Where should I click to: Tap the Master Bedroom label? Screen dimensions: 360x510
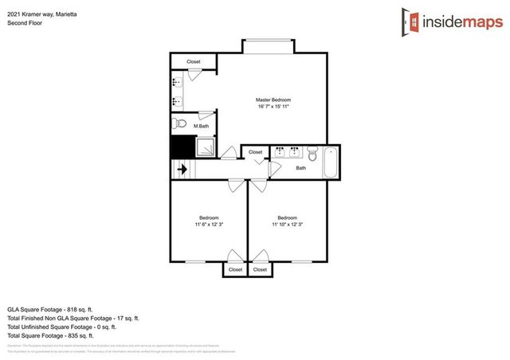[x=272, y=100]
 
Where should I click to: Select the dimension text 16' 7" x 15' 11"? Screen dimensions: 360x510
[x=272, y=107]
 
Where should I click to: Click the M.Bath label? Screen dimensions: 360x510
[x=201, y=126]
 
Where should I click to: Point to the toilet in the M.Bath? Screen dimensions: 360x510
[x=179, y=124]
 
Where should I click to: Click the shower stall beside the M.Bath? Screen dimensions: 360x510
[x=206, y=147]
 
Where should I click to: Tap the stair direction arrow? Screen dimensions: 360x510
[x=182, y=169]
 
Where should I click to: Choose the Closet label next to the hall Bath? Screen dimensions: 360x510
[x=255, y=151]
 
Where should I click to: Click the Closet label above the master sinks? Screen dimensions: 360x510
[x=194, y=61]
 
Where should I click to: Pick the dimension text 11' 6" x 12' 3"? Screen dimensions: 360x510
[x=209, y=225]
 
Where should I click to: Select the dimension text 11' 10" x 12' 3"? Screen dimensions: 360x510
[x=287, y=225]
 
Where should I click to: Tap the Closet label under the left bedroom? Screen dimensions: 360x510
[x=235, y=269]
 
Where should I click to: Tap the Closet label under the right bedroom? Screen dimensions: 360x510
[x=261, y=269]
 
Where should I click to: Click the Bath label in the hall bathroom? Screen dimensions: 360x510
[x=300, y=168]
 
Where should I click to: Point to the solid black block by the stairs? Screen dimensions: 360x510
[x=182, y=147]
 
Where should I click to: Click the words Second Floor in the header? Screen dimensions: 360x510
[x=23, y=23]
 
